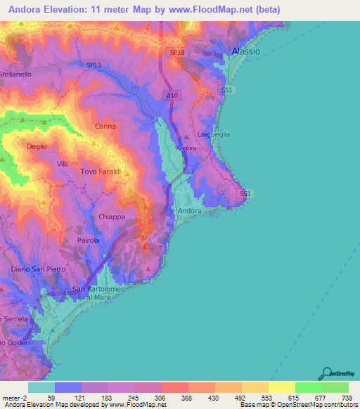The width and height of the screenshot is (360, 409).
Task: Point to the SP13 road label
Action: coord(94,65)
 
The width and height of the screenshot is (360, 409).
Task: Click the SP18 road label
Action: coord(177,53)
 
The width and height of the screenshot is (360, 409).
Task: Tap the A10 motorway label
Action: coord(173,94)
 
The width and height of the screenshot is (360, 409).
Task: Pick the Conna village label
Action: coord(105,126)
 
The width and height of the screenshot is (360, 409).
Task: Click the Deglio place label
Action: coord(37,146)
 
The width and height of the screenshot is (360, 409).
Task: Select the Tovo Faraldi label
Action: coord(101,171)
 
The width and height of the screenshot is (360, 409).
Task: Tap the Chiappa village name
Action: coord(112,217)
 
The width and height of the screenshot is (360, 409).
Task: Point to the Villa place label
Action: coord(63,164)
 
